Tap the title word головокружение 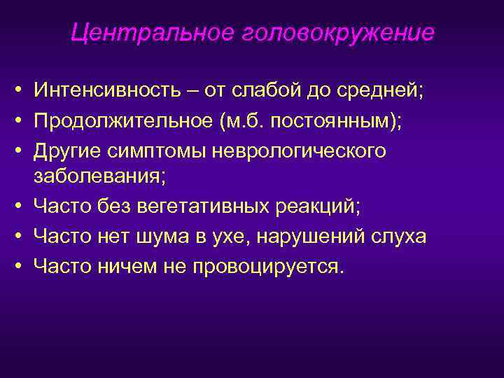point(338,33)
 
